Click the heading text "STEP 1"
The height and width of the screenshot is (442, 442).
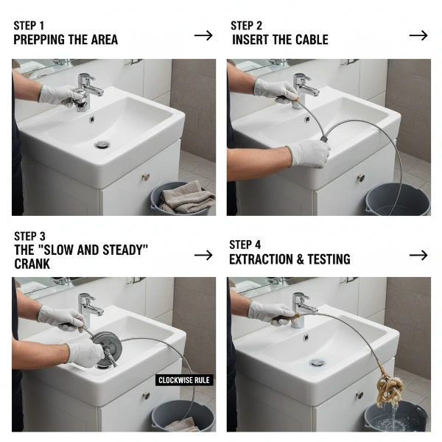tap(29, 26)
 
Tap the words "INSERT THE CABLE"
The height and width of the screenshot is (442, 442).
tap(280, 40)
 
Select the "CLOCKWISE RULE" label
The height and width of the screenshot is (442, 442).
tap(184, 380)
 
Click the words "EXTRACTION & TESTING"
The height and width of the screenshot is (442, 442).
tap(290, 259)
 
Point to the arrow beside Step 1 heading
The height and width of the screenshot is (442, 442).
tap(203, 35)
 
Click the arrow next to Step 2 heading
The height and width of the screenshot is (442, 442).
tap(418, 35)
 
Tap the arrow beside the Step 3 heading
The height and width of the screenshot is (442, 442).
tap(203, 255)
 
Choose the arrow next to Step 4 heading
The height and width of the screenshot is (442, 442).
tap(418, 255)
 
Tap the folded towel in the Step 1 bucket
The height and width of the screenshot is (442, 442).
tap(186, 198)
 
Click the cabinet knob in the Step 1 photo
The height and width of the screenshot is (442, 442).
tap(145, 177)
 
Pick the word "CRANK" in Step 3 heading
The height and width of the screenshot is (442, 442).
tap(32, 264)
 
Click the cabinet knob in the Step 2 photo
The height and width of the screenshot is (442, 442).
tap(360, 178)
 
